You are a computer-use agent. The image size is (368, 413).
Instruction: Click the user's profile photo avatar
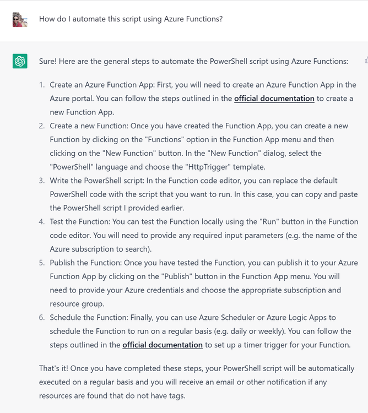pyautogui.click(x=20, y=20)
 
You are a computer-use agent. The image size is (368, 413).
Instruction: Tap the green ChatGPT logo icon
pyautogui.click(x=20, y=61)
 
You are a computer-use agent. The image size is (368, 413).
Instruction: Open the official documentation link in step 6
pyautogui.click(x=163, y=345)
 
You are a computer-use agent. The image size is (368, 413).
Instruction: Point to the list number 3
pyautogui.click(x=42, y=181)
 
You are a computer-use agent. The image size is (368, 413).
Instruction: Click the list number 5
pyautogui.click(x=42, y=263)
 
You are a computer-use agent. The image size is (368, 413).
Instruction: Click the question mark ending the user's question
pyautogui.click(x=220, y=19)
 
